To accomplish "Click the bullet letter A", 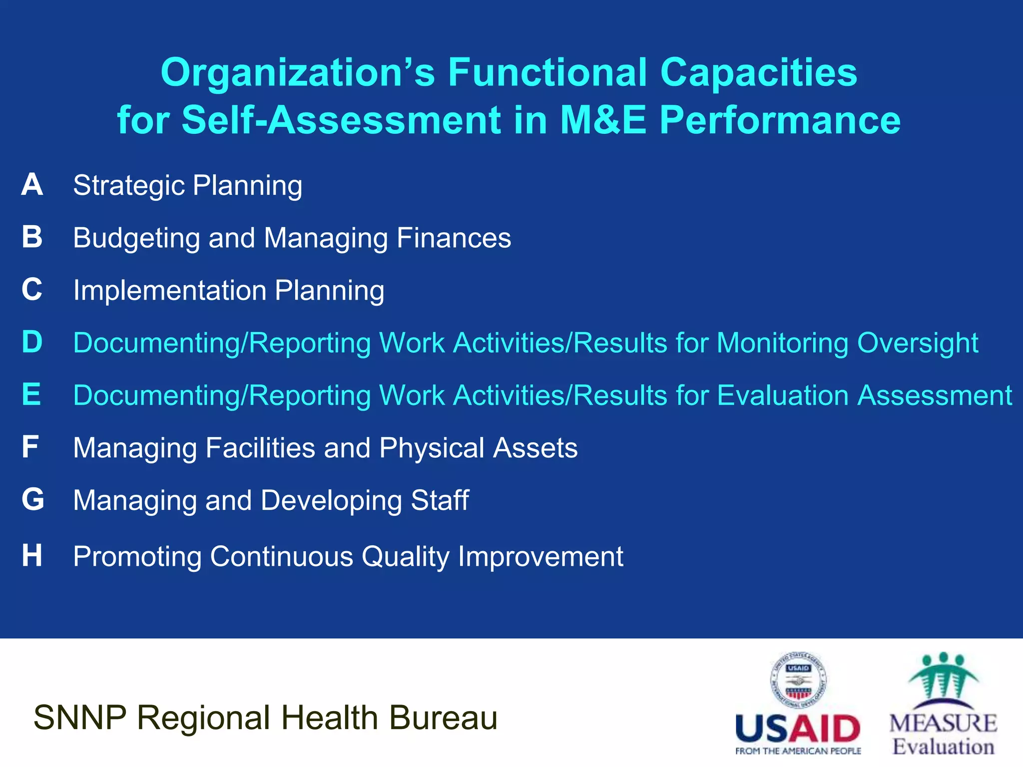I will coord(32,185).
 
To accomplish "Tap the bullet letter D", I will coord(32,343).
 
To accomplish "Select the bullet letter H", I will coord(32,556).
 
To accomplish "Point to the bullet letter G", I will coord(33,500).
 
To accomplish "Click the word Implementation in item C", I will coord(170,291).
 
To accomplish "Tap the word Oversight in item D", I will coord(918,344).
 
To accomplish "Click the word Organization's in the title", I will coord(298,73).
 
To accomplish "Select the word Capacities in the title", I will coord(759,73).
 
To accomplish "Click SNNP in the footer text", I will coord(80,718).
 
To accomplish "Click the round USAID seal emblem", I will coord(798,681).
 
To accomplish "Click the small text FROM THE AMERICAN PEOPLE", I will coord(798,751).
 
